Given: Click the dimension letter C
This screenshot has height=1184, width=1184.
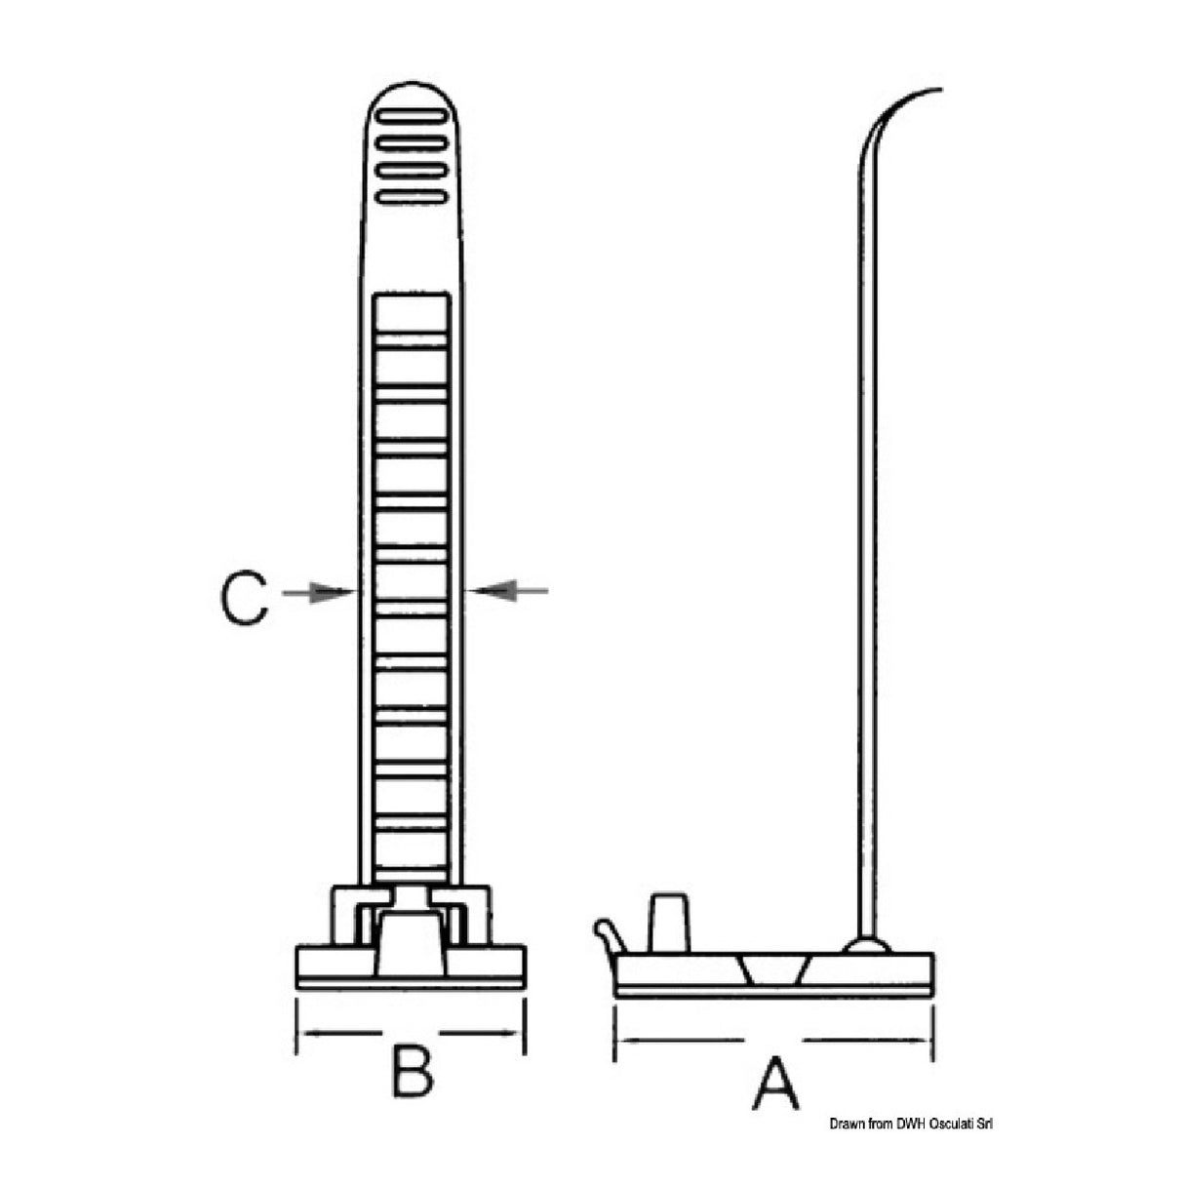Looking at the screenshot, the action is pyautogui.click(x=244, y=599).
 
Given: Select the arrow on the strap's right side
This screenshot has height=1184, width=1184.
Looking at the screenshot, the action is pyautogui.click(x=507, y=591).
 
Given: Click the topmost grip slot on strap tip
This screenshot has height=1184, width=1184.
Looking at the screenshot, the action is pyautogui.click(x=411, y=116).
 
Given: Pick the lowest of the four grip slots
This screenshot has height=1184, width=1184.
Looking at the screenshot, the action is pyautogui.click(x=411, y=197).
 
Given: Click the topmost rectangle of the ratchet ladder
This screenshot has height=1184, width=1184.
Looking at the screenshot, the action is pyautogui.click(x=411, y=315).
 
